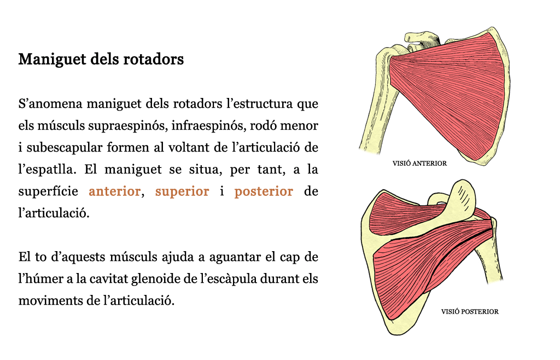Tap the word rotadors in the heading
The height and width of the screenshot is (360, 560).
[x=154, y=59]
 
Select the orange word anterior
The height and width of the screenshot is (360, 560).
[x=114, y=191]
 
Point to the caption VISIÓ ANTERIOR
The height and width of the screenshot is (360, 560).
[x=419, y=163]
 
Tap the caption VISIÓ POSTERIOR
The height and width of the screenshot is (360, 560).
[x=470, y=311]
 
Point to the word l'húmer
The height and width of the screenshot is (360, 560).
[x=40, y=279]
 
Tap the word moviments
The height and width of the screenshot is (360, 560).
[x=50, y=301]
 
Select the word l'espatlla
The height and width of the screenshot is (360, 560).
[x=48, y=170]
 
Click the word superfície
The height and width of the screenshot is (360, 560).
[x=48, y=191]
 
